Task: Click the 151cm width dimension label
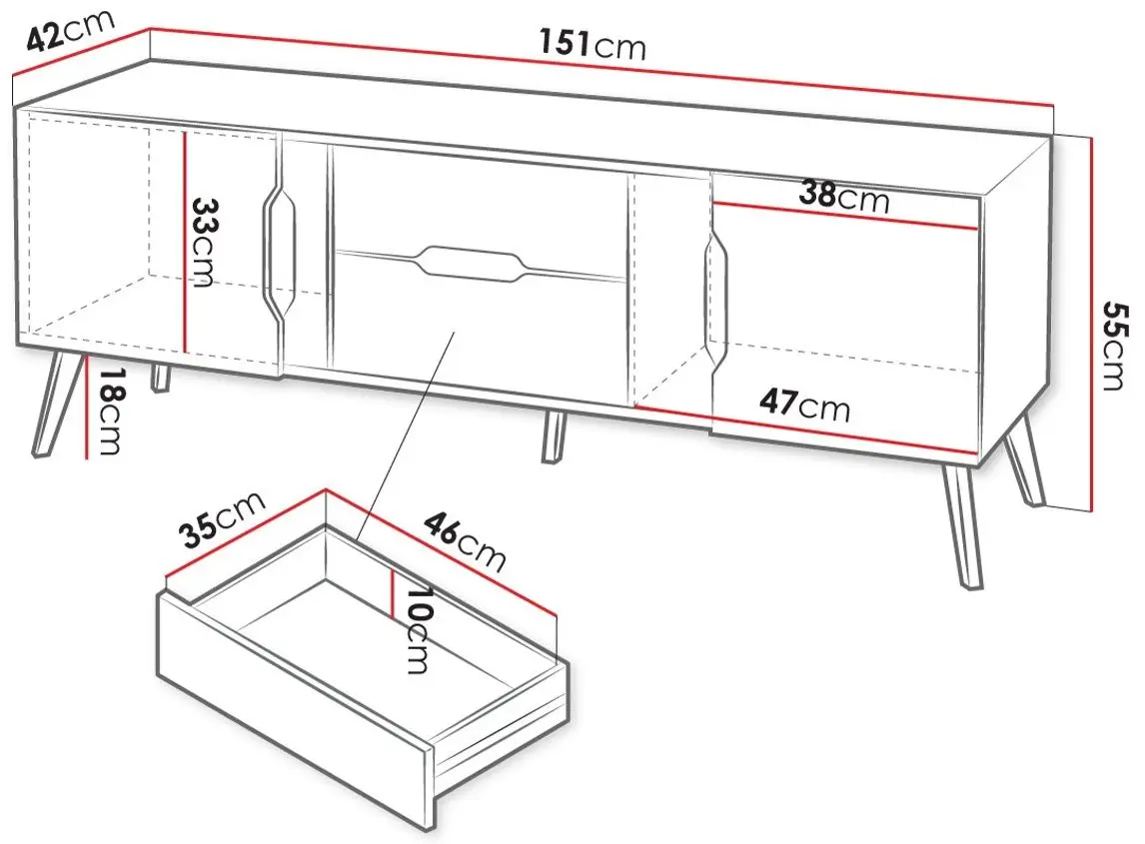(x=592, y=44)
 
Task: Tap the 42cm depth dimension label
(x=70, y=31)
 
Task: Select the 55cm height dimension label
(x=1114, y=346)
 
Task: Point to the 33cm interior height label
(x=202, y=243)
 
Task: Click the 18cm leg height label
(x=110, y=412)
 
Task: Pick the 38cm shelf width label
(x=844, y=197)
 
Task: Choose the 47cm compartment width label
(x=804, y=405)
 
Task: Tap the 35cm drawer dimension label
(x=222, y=519)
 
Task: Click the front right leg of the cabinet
(x=962, y=526)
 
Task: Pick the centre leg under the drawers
(x=555, y=435)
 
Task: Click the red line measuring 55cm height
(x=1091, y=326)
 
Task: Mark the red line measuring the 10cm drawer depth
(x=393, y=593)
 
